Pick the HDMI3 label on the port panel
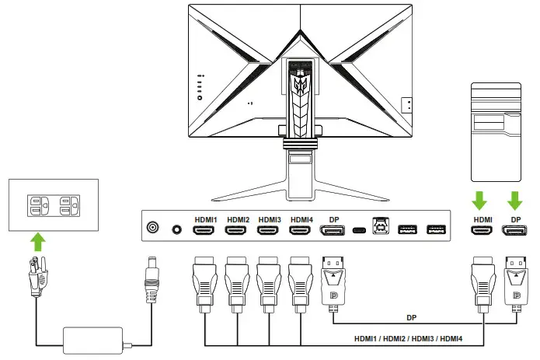269,219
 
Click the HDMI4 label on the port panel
301,219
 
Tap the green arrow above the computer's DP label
513,200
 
